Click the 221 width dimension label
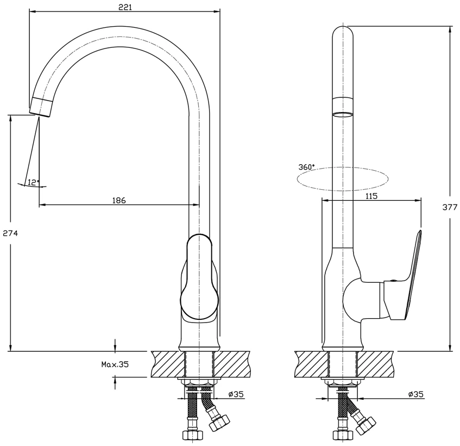(x=125, y=8)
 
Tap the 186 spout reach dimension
(x=119, y=200)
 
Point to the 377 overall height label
(x=450, y=207)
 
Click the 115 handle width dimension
(x=371, y=196)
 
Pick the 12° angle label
(x=34, y=182)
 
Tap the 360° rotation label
(x=306, y=167)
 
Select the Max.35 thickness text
(x=115, y=364)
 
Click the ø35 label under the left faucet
(x=236, y=394)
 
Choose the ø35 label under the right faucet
(x=416, y=394)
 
